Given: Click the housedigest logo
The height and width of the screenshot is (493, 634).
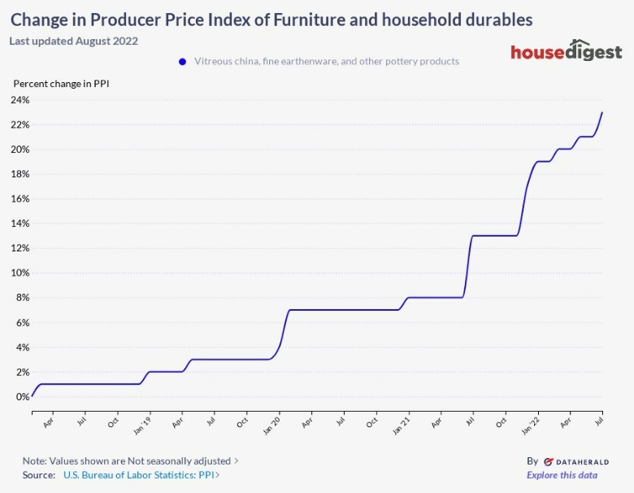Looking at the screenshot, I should [x=566, y=51].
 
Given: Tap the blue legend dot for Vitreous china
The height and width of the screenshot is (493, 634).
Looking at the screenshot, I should [x=183, y=61].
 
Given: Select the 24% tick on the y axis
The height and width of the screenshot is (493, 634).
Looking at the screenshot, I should [x=20, y=100].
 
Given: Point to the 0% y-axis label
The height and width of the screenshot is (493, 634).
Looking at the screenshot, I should [x=23, y=397].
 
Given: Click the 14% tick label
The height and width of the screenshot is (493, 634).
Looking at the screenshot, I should [x=20, y=224].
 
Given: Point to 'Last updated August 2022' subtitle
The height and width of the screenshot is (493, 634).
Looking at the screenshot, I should [x=74, y=41].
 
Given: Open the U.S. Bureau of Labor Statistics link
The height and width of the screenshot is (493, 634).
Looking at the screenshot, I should [x=140, y=475].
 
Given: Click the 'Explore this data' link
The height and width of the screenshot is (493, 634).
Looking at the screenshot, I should [x=562, y=475].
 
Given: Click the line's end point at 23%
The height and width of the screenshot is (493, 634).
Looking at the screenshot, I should [x=601, y=112].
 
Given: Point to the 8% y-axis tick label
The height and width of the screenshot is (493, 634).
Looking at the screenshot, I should [x=23, y=298].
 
